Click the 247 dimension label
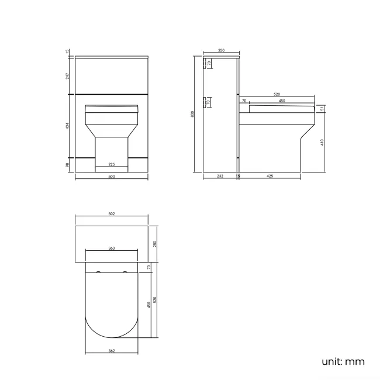click(x=68, y=75)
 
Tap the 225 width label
click(x=111, y=164)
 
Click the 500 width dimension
click(x=111, y=178)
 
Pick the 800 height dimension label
click(x=193, y=115)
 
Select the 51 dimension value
click(x=323, y=109)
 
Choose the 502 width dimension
click(x=111, y=214)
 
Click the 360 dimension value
click(x=111, y=248)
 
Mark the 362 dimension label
click(x=111, y=351)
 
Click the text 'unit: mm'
click(x=343, y=361)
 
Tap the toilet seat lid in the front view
click(x=111, y=108)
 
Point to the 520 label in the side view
click(x=275, y=95)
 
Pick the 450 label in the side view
click(x=282, y=101)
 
